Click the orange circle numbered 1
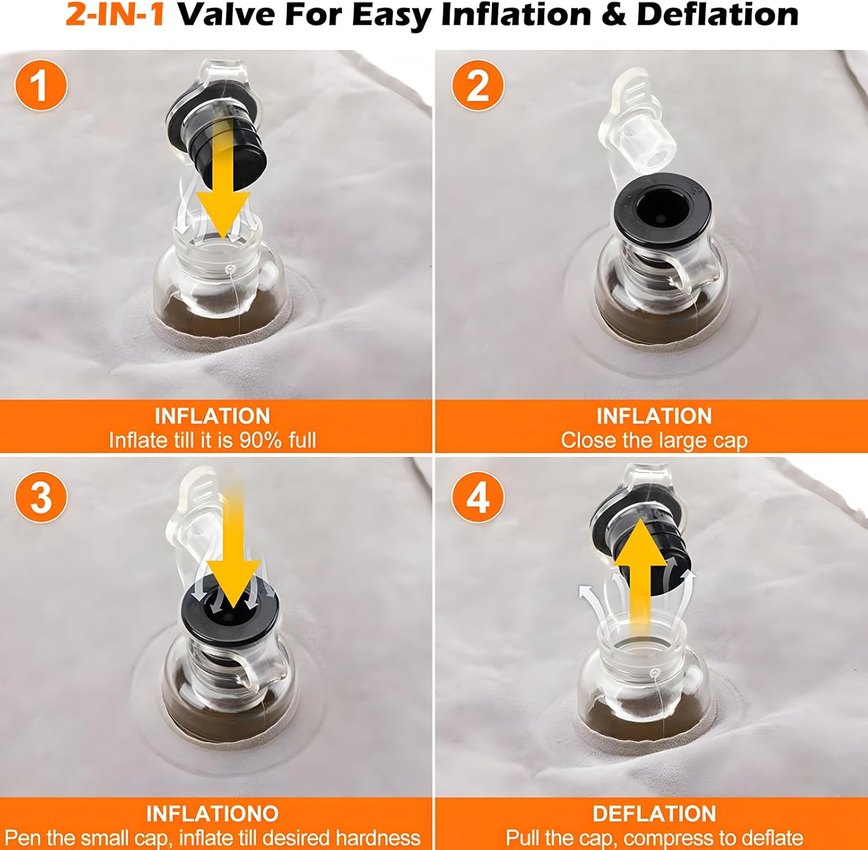41,86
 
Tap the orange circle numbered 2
477,86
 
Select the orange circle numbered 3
41,496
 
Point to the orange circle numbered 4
477,496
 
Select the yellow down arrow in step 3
233,550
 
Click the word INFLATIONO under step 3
212,814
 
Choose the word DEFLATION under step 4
654,814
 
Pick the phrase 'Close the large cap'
654,441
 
